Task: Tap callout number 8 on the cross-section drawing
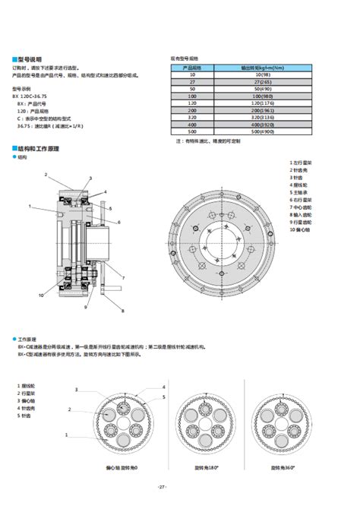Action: tap(122, 311)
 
